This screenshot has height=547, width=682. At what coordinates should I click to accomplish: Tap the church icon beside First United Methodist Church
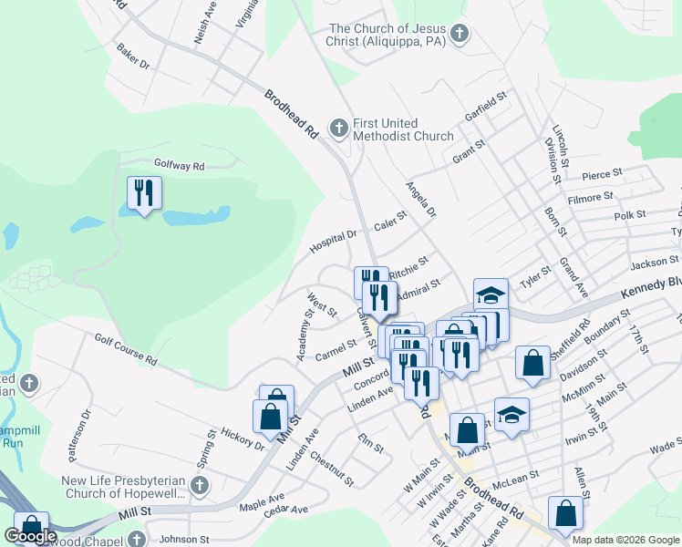pyautogui.click(x=339, y=128)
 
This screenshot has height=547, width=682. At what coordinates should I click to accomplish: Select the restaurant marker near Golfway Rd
pyautogui.click(x=144, y=193)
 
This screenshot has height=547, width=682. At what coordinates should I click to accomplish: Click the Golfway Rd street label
pyautogui.click(x=180, y=167)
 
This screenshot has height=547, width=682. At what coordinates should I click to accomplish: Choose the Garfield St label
pyautogui.click(x=485, y=108)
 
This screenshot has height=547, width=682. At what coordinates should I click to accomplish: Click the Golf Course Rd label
pyautogui.click(x=125, y=350)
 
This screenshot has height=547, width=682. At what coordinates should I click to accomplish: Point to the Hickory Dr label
pyautogui.click(x=242, y=439)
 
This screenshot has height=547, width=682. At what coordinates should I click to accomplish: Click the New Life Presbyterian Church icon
pyautogui.click(x=202, y=485)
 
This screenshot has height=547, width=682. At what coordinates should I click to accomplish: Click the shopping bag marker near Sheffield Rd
pyautogui.click(x=532, y=362)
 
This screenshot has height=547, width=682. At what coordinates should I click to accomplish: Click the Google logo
pyautogui.click(x=29, y=536)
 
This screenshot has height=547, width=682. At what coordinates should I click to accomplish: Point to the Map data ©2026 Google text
pyautogui.click(x=625, y=540)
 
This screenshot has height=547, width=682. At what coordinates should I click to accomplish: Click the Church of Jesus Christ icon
pyautogui.click(x=460, y=35)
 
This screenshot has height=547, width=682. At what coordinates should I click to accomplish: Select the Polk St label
pyautogui.click(x=629, y=215)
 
